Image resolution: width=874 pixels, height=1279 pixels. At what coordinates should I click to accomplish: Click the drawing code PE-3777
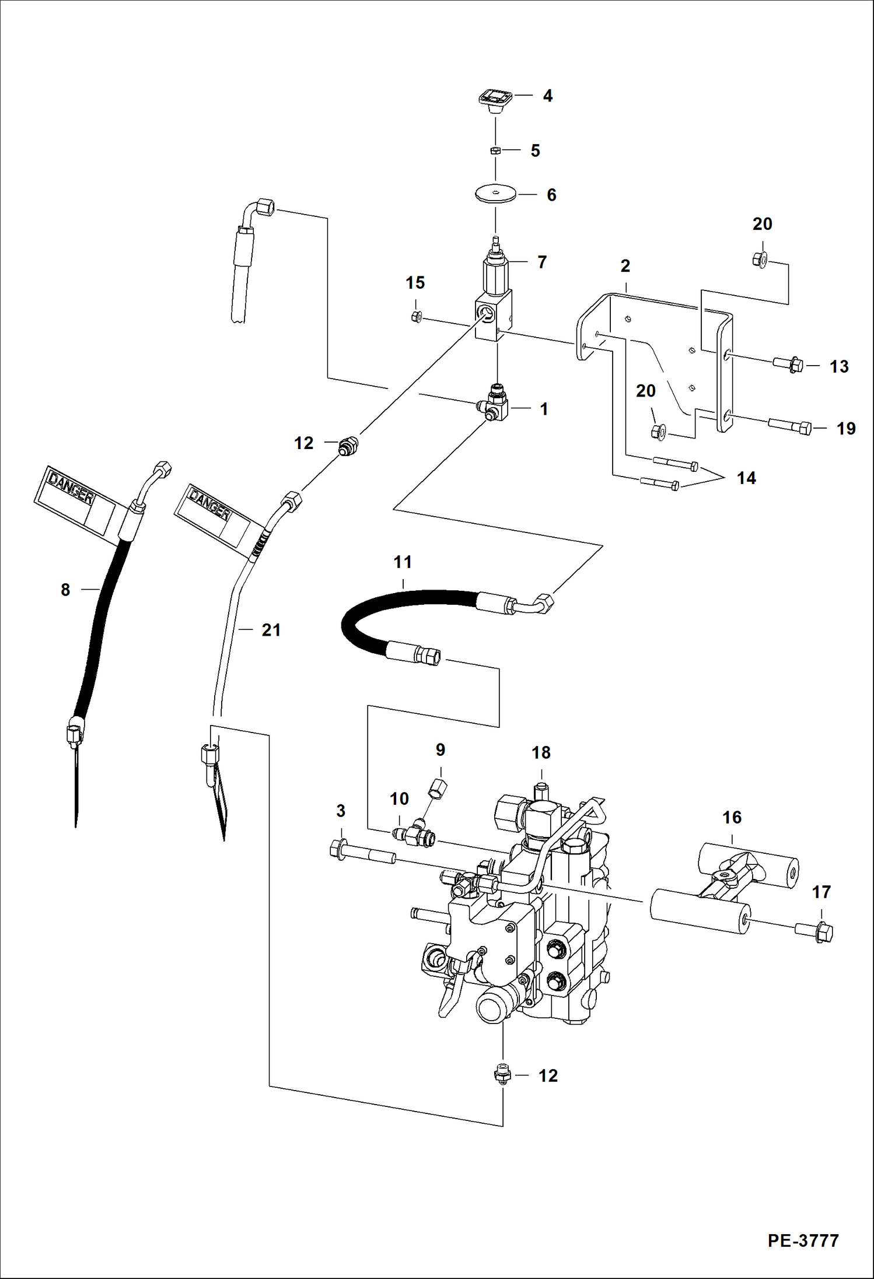tap(803, 1240)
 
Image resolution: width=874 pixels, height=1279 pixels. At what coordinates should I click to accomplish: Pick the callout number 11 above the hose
tap(403, 562)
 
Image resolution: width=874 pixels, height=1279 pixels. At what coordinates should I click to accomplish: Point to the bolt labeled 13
tap(788, 365)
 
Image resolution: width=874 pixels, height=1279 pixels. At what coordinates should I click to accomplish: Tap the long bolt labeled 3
tap(362, 853)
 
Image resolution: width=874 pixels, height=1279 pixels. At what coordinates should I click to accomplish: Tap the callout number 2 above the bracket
tap(625, 267)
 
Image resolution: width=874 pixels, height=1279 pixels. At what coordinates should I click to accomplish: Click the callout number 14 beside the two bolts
tap(746, 478)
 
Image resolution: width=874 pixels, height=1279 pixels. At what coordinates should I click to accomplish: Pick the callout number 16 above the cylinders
tap(732, 818)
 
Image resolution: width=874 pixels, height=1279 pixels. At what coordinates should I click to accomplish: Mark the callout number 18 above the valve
tap(541, 753)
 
